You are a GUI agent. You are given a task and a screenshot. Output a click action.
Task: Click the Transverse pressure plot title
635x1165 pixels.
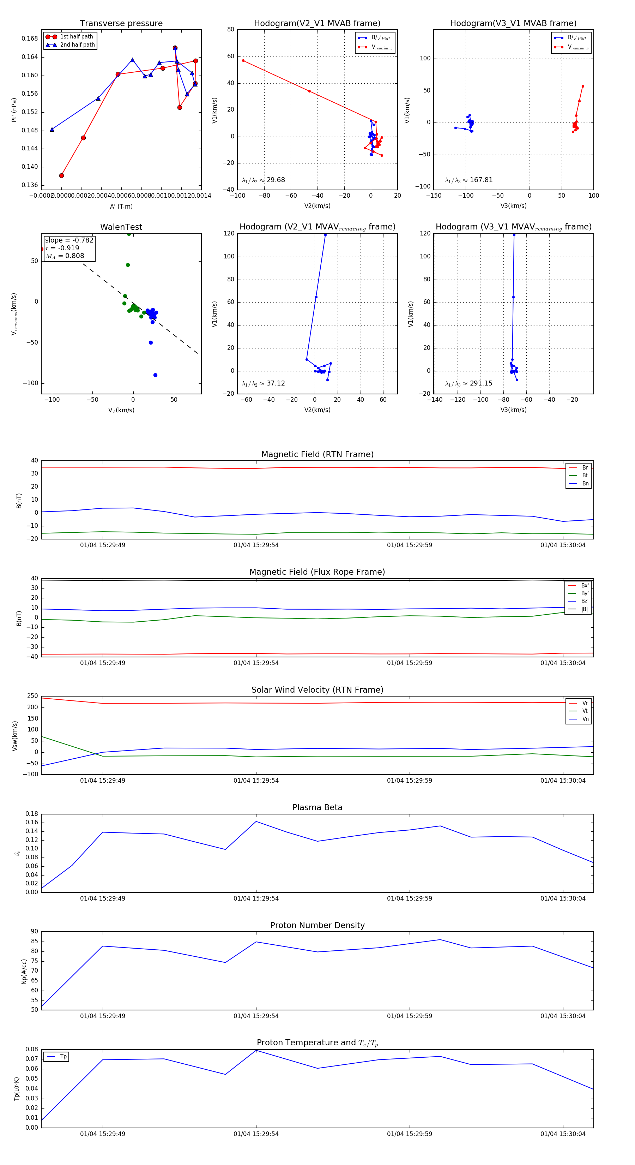pyautogui.click(x=121, y=24)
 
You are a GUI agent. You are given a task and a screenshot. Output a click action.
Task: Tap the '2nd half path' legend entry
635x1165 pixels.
pyautogui.click(x=77, y=45)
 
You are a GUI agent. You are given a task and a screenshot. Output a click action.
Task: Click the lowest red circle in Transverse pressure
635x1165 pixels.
pyautogui.click(x=61, y=175)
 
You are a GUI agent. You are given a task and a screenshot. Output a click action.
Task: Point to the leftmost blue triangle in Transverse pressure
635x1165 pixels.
pyautogui.click(x=52, y=129)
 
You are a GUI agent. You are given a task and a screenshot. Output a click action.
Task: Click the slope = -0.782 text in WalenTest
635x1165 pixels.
pyautogui.click(x=69, y=240)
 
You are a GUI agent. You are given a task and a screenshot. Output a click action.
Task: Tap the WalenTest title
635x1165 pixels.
pyautogui.click(x=121, y=227)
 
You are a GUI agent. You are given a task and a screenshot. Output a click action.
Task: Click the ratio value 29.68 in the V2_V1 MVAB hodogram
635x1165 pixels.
pyautogui.click(x=276, y=180)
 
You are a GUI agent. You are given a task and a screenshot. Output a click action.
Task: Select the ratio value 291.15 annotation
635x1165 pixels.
pyautogui.click(x=481, y=383)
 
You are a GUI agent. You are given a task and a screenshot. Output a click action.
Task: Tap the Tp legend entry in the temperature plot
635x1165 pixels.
pyautogui.click(x=63, y=1057)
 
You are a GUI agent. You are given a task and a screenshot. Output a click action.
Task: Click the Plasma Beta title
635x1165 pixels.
pyautogui.click(x=317, y=808)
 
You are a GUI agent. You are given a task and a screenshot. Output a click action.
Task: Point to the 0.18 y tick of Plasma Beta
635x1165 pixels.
pyautogui.click(x=32, y=814)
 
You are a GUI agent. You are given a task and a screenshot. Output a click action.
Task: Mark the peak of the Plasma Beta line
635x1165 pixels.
pyautogui.click(x=256, y=821)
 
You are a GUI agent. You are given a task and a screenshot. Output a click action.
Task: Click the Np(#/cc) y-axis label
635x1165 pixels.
pyautogui.click(x=24, y=972)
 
